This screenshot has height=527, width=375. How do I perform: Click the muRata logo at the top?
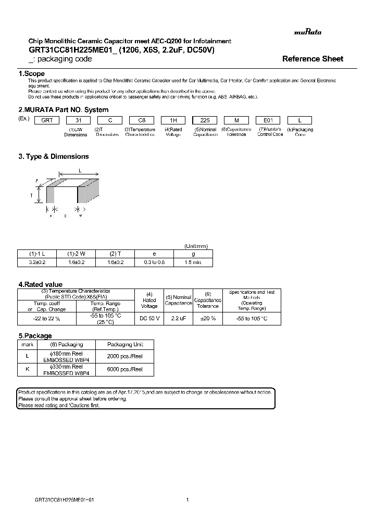coord(308,32)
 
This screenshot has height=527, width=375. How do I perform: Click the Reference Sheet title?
coord(312,59)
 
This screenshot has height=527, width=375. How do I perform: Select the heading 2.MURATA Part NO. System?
coord(64,110)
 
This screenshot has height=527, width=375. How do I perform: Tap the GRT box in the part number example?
coord(46,119)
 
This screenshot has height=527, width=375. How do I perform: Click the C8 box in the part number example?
coord(140,119)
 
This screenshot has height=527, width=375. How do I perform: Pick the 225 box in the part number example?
coord(205,119)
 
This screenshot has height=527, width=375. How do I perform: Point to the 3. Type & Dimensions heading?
coord(54,156)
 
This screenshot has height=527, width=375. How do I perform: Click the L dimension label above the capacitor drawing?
coord(80,170)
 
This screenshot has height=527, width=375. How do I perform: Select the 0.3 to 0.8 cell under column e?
coord(154,262)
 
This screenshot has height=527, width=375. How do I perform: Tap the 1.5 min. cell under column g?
coord(193,262)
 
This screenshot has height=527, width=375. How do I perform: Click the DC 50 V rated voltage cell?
coord(149,318)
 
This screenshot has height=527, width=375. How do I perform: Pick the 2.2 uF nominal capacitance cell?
coord(179,318)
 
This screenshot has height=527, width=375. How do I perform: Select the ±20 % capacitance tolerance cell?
coord(208,318)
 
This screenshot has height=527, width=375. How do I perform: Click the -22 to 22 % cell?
coord(47,318)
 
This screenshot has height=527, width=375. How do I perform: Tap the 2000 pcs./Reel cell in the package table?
coord(124,356)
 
